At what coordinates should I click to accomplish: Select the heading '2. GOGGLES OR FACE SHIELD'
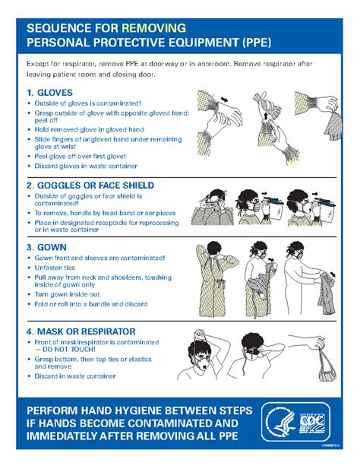click(90, 185)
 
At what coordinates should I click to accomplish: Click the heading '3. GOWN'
click(47, 248)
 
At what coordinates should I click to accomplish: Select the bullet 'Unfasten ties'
click(56, 270)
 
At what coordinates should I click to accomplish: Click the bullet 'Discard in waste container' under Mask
click(75, 376)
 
